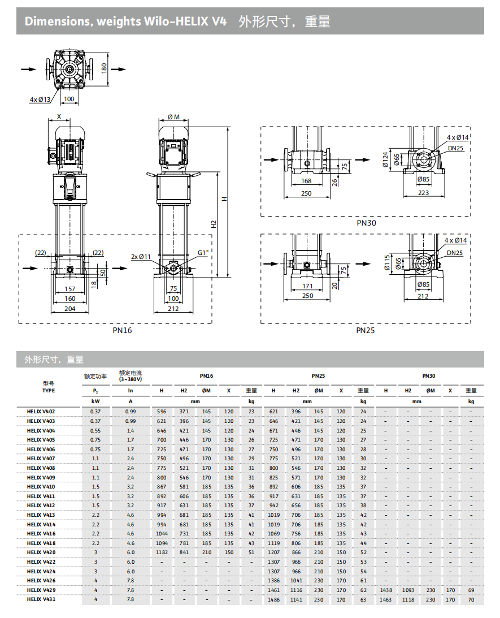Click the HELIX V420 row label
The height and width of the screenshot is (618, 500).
click(x=41, y=552)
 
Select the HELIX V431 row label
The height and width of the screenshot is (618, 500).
click(x=41, y=599)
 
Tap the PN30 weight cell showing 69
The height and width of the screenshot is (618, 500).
click(x=471, y=590)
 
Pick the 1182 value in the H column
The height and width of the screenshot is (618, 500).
click(x=162, y=552)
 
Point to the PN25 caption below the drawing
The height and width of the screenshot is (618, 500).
click(x=365, y=330)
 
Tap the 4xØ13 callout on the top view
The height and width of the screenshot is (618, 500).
click(x=40, y=100)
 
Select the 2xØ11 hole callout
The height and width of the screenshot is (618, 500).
click(x=141, y=257)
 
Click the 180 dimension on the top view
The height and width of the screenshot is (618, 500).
click(x=104, y=68)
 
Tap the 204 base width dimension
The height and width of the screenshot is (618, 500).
click(x=70, y=309)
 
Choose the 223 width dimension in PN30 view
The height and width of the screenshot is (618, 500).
click(x=423, y=193)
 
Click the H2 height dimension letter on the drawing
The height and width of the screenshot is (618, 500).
click(x=214, y=224)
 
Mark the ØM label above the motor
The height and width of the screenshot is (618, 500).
click(x=173, y=117)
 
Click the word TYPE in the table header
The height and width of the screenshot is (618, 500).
click(x=48, y=391)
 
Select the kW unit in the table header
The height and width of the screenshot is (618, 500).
click(x=95, y=401)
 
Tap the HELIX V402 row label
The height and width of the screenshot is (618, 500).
click(x=41, y=412)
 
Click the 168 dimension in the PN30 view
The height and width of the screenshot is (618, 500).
click(x=307, y=181)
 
